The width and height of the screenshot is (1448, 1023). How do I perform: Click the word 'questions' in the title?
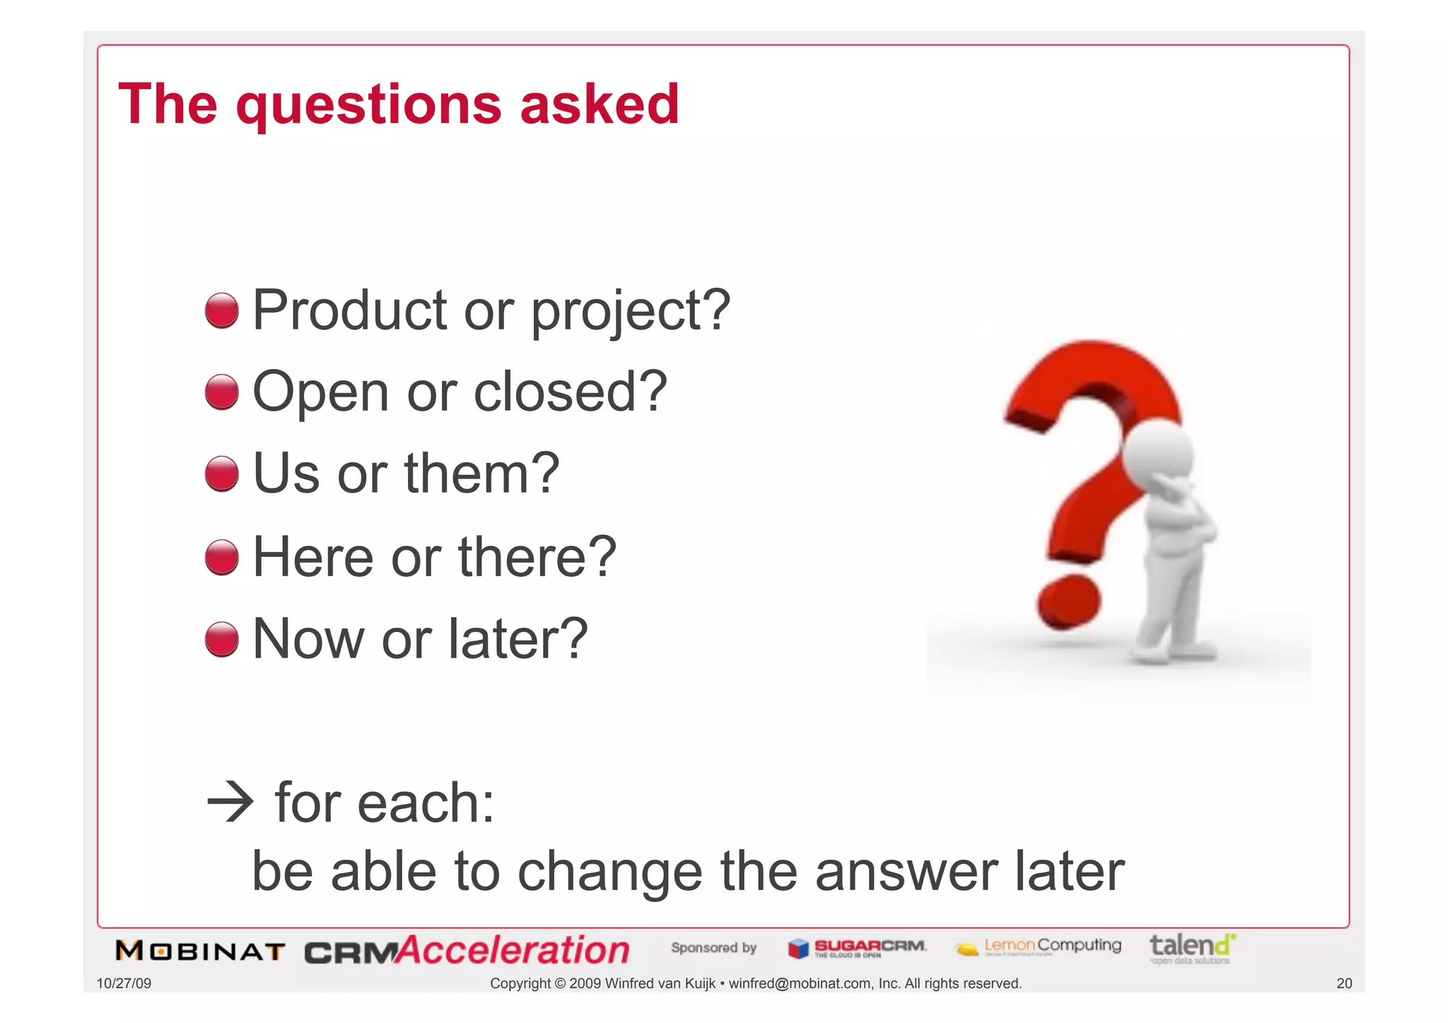coord(368,106)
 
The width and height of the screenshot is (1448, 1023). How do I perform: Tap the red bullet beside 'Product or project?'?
coord(221,311)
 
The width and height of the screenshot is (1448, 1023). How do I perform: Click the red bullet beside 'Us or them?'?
coord(221,474)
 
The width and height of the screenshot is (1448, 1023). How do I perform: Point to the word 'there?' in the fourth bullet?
coord(537,557)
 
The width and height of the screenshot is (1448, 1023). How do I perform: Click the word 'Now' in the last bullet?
coord(308,638)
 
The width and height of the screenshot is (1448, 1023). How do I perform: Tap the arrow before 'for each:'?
coord(230,802)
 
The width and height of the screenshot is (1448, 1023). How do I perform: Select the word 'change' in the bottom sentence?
coord(609,871)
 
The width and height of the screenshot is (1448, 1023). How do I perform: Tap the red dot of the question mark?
coord(1068,601)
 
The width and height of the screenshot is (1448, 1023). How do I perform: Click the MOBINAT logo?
coord(200,951)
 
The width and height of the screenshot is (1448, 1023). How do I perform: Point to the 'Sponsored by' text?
coord(713,947)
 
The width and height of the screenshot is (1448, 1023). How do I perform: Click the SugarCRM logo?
coord(857,948)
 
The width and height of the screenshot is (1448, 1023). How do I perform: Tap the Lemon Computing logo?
coord(1039,947)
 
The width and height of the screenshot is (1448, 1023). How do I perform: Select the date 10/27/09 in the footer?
coord(124,983)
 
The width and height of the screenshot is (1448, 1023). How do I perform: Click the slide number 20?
coord(1343,983)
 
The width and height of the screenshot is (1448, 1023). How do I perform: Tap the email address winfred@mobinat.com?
coord(800,983)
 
